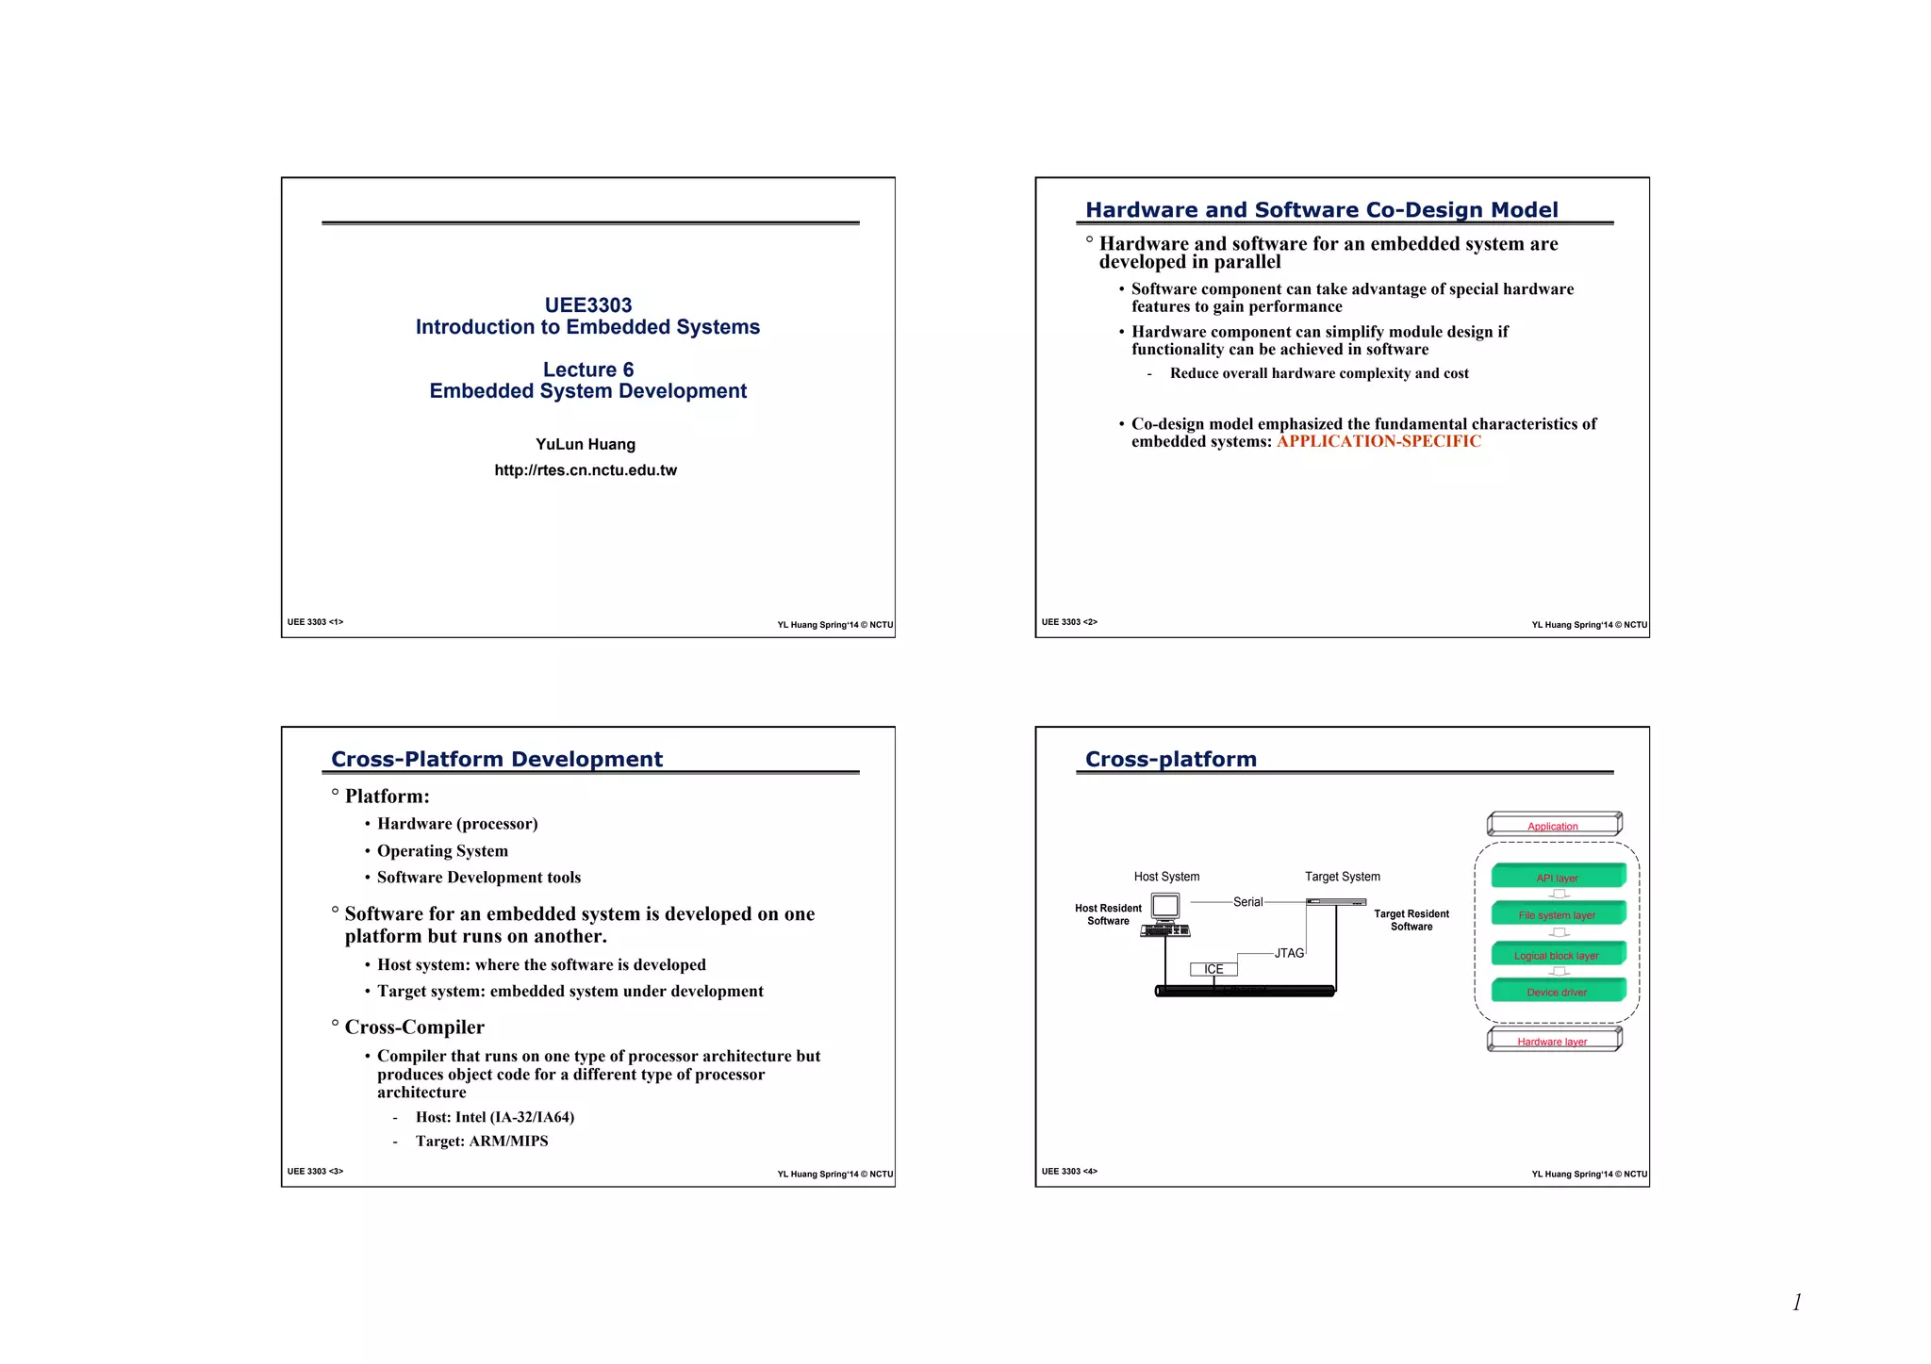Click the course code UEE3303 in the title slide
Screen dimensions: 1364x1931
click(x=587, y=305)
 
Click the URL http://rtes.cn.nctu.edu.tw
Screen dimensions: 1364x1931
click(x=586, y=470)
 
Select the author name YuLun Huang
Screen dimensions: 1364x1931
click(x=586, y=444)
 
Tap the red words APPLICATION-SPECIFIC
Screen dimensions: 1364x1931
click(x=1378, y=441)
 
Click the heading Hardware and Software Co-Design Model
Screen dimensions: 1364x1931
click(x=1321, y=210)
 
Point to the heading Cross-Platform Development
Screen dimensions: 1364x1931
click(x=497, y=760)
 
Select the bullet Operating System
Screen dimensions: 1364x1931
click(x=442, y=851)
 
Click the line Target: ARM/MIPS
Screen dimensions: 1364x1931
click(x=481, y=1141)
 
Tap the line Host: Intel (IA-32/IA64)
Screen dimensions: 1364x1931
click(x=494, y=1117)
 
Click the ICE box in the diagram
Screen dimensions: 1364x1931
click(x=1213, y=969)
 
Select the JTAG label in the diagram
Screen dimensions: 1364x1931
click(x=1289, y=953)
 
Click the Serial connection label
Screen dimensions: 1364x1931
click(x=1247, y=902)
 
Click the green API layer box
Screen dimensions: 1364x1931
click(x=1558, y=877)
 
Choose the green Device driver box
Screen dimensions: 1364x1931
click(x=1558, y=991)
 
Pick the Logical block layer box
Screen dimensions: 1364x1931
click(x=1558, y=954)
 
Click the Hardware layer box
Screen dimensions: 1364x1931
click(x=1554, y=1040)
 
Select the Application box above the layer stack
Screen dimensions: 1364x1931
click(x=1554, y=825)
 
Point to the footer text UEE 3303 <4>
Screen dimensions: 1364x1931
click(x=1069, y=1172)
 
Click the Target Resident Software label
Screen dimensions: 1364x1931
click(x=1411, y=920)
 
